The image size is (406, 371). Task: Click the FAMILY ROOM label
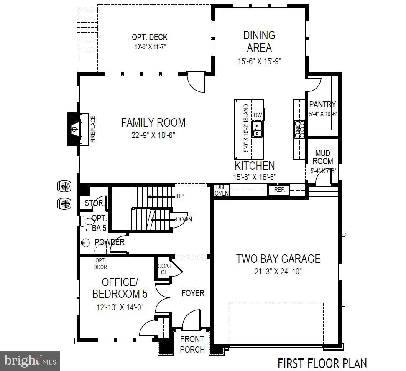pos(153,122)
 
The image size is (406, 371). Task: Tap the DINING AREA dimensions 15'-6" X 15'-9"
pos(259,61)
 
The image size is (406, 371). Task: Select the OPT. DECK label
pos(150,38)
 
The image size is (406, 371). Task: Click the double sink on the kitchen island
pos(258,129)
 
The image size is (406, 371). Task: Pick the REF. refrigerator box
pos(279,190)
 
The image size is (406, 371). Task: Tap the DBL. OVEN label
pos(222,190)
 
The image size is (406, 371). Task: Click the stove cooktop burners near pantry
pos(299,129)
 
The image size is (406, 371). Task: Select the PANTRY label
pos(322,104)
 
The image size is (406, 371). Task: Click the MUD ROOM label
pos(323,157)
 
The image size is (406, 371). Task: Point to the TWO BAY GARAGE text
pos(278,259)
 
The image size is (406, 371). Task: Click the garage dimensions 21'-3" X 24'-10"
pos(278,271)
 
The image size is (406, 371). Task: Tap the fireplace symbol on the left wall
pos(74,129)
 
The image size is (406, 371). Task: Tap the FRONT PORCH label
pos(192,344)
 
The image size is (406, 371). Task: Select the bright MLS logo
pos(30,360)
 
